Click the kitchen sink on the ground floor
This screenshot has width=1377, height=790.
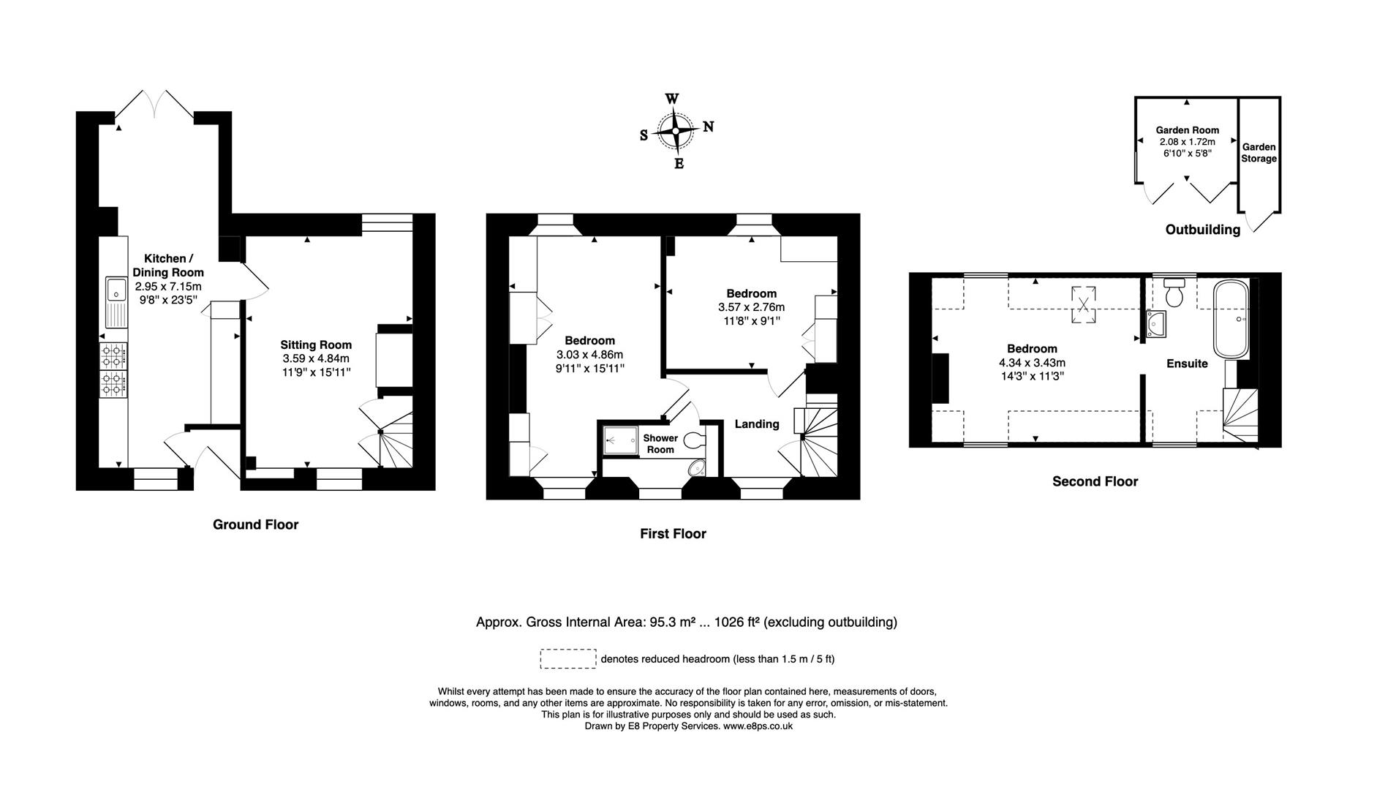[x=116, y=302]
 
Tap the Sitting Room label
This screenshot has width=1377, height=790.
[x=316, y=345]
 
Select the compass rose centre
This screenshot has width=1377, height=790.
[x=675, y=131]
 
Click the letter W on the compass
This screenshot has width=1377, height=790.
[x=671, y=99]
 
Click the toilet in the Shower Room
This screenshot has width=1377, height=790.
[x=694, y=439]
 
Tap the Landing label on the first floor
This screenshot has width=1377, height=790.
[x=756, y=424]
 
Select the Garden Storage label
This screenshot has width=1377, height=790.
[x=1259, y=153]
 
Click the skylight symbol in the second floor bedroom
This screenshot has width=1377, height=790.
[x=1084, y=304]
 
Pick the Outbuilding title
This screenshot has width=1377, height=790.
[x=1202, y=230]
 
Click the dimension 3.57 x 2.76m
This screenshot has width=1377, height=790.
[x=751, y=307]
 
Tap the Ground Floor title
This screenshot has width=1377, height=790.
[x=255, y=524]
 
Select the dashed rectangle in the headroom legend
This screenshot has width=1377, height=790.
[x=567, y=658]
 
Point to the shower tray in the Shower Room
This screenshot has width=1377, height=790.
[x=618, y=441]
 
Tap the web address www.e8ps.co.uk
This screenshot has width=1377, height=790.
[x=758, y=726]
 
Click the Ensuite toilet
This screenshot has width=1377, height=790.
[x=1174, y=293]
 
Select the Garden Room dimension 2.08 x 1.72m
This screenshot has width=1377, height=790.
[x=1187, y=142]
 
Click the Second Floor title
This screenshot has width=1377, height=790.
[x=1095, y=481]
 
